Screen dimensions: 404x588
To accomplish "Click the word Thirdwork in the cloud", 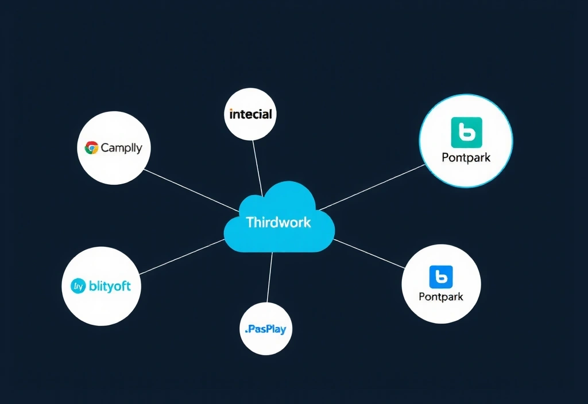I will tap(278, 222).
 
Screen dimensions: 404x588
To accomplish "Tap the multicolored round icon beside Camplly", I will tap(91, 148).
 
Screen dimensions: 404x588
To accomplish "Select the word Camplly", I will tap(121, 148).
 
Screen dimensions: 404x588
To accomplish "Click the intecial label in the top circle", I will tap(250, 114).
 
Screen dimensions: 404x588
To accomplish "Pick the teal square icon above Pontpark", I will tap(466, 133).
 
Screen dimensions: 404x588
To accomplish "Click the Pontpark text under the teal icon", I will tap(466, 157).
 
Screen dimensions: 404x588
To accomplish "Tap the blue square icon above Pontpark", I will tap(441, 277).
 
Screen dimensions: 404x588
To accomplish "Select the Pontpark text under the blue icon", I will tap(441, 297).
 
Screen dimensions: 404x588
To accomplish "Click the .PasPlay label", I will tap(265, 329).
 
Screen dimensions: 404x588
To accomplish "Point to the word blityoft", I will tap(110, 286).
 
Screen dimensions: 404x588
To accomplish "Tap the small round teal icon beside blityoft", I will tap(78, 285).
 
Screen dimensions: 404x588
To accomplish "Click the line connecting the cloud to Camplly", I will tap(189, 189).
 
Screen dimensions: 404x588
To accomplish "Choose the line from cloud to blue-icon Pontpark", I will tap(370, 254).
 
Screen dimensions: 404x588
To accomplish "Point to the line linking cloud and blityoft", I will tap(181, 257).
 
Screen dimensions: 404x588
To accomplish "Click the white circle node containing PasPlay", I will tap(265, 344).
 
